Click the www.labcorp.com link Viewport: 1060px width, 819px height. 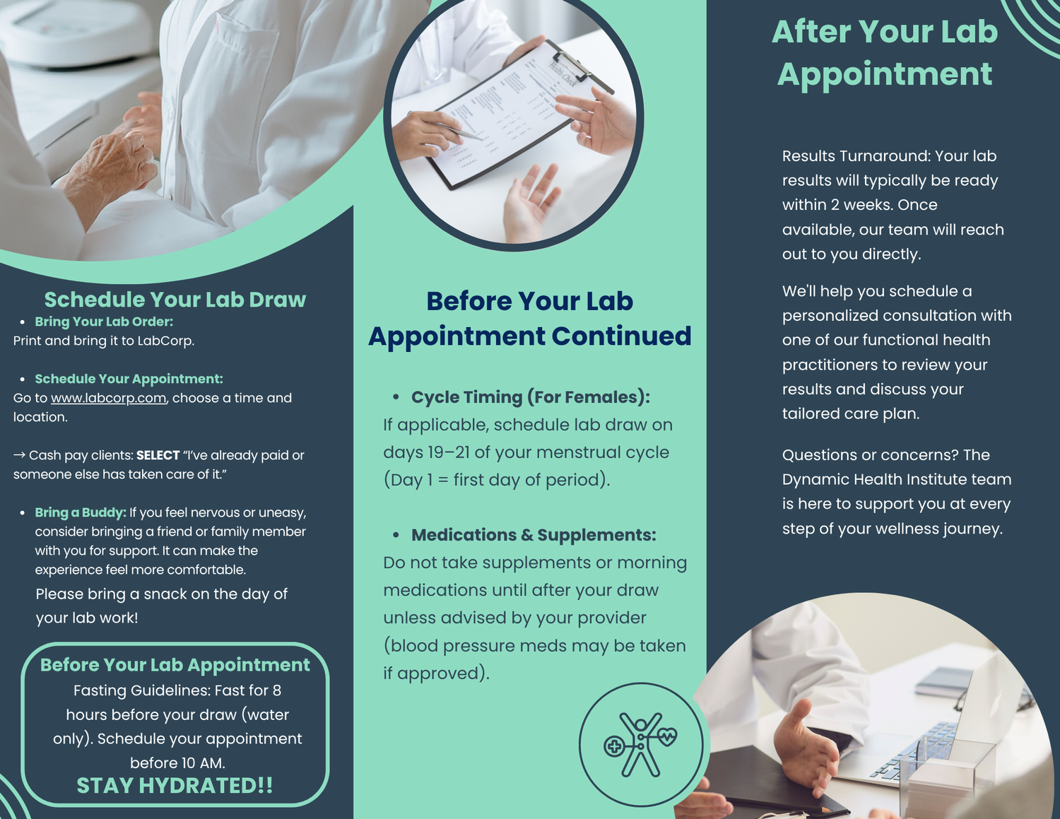tap(108, 398)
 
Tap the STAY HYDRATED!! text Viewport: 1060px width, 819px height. tap(175, 786)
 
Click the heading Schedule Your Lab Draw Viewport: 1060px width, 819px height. tap(175, 300)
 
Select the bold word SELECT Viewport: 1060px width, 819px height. tap(158, 455)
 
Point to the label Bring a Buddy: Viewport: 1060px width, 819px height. tap(81, 512)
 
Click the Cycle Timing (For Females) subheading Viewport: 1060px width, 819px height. tap(531, 397)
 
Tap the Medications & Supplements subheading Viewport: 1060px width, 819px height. tap(534, 535)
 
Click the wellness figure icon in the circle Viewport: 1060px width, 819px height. tap(640, 744)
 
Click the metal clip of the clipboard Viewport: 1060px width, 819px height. tap(576, 64)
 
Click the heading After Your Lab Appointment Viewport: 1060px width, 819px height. tap(885, 53)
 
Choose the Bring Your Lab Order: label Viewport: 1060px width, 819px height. tap(104, 322)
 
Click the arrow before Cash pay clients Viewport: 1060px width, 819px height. tap(19, 455)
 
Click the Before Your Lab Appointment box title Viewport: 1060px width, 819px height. tap(175, 665)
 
